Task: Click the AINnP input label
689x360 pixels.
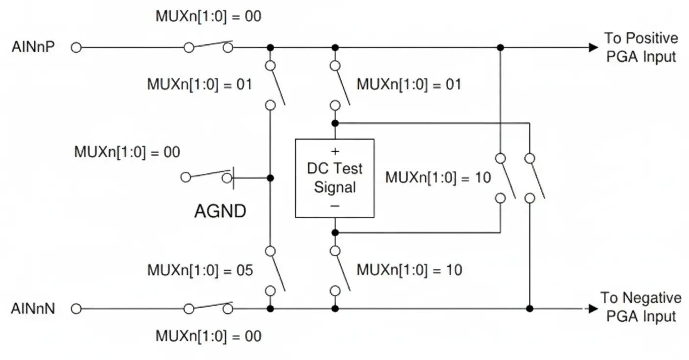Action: (33, 48)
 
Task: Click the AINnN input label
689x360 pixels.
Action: (33, 309)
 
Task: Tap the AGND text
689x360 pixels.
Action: (220, 212)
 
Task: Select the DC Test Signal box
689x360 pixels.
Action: (335, 178)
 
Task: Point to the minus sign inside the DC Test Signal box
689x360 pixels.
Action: (335, 206)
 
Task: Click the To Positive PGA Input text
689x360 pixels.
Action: (641, 47)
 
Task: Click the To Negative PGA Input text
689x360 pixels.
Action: (641, 307)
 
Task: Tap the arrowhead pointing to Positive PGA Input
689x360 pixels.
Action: (593, 48)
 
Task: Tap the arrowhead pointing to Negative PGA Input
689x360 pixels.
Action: (593, 309)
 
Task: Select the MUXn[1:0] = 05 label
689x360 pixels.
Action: (200, 270)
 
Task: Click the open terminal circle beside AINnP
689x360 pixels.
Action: (76, 48)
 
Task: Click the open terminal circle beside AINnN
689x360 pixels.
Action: (76, 309)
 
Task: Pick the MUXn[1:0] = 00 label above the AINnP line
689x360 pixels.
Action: (208, 16)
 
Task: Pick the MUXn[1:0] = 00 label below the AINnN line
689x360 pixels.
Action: (208, 337)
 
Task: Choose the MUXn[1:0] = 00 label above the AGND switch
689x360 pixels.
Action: (127, 152)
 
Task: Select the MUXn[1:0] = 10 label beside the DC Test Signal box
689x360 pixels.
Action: (437, 178)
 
